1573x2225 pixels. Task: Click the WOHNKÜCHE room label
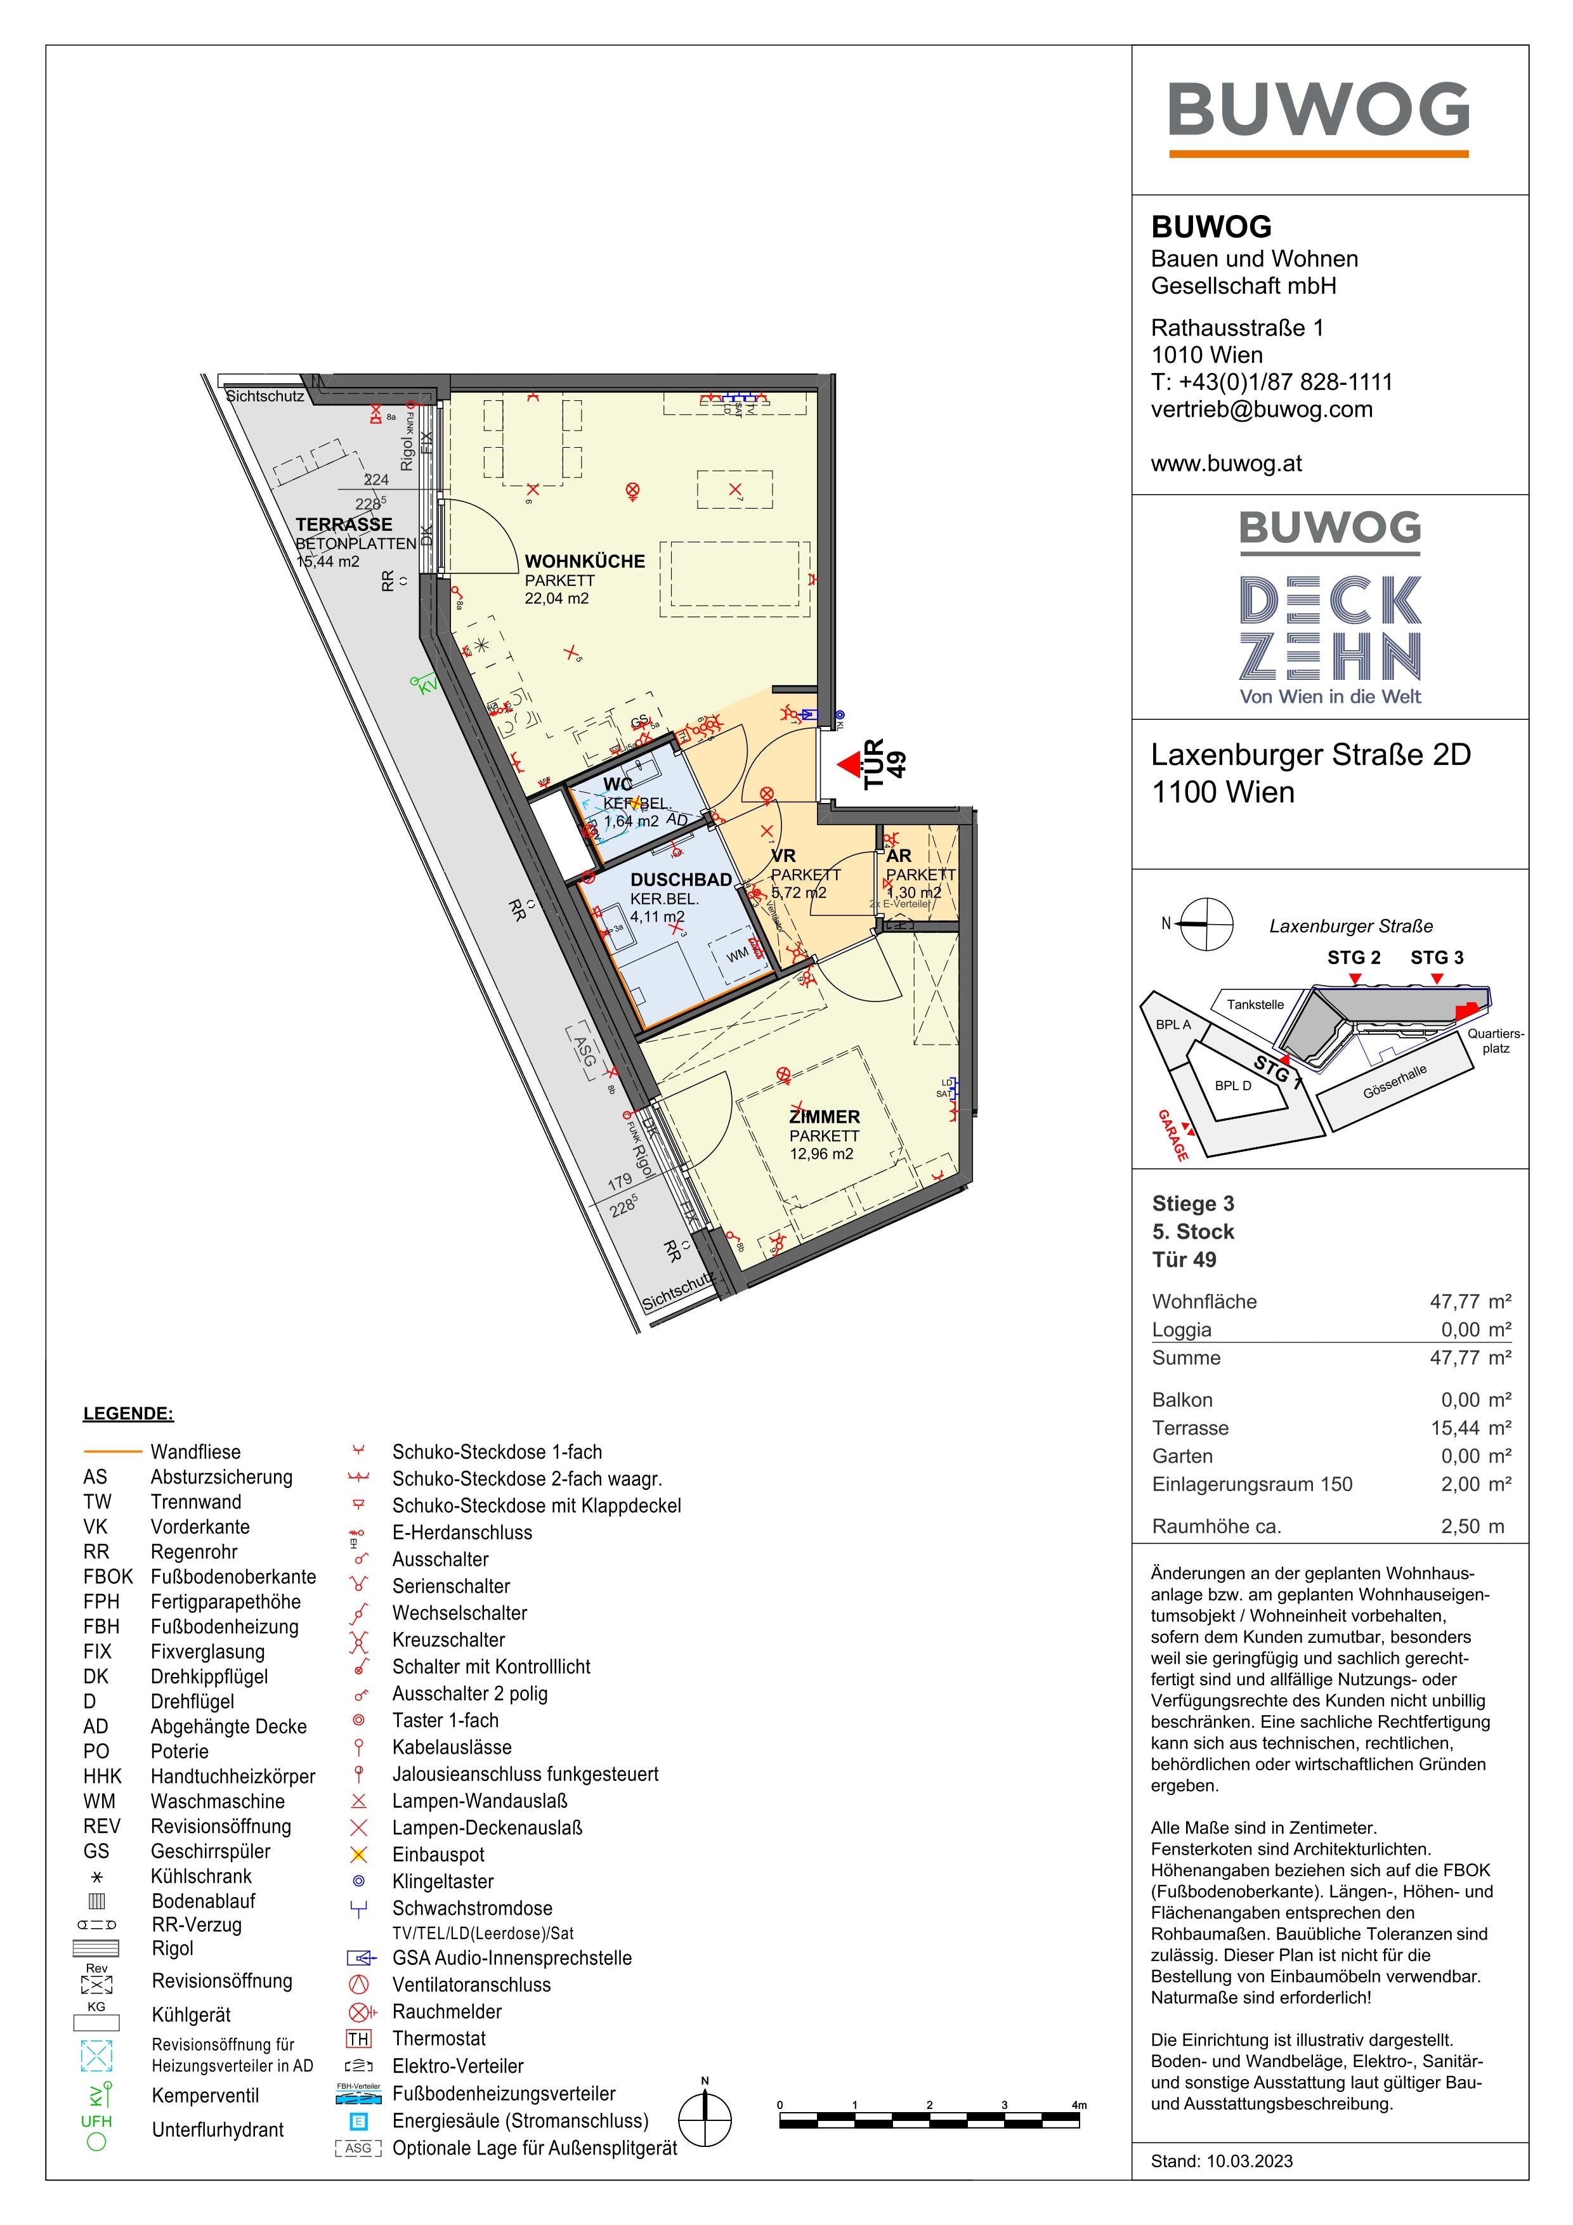pyautogui.click(x=584, y=561)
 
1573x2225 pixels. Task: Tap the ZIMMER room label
pyautogui.click(x=824, y=1116)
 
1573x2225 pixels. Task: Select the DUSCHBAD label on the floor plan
pyautogui.click(x=681, y=880)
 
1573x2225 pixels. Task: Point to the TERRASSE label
pyautogui.click(x=344, y=525)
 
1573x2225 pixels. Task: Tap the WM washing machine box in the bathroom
pyautogui.click(x=738, y=955)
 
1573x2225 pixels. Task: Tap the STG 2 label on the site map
pyautogui.click(x=1353, y=958)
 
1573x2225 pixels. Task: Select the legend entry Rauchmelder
pyautogui.click(x=447, y=2012)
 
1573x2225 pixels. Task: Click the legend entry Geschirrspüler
pyautogui.click(x=211, y=1851)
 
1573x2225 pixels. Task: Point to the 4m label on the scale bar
pyautogui.click(x=1079, y=2105)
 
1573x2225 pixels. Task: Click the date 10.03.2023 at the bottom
pyautogui.click(x=1250, y=2161)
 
